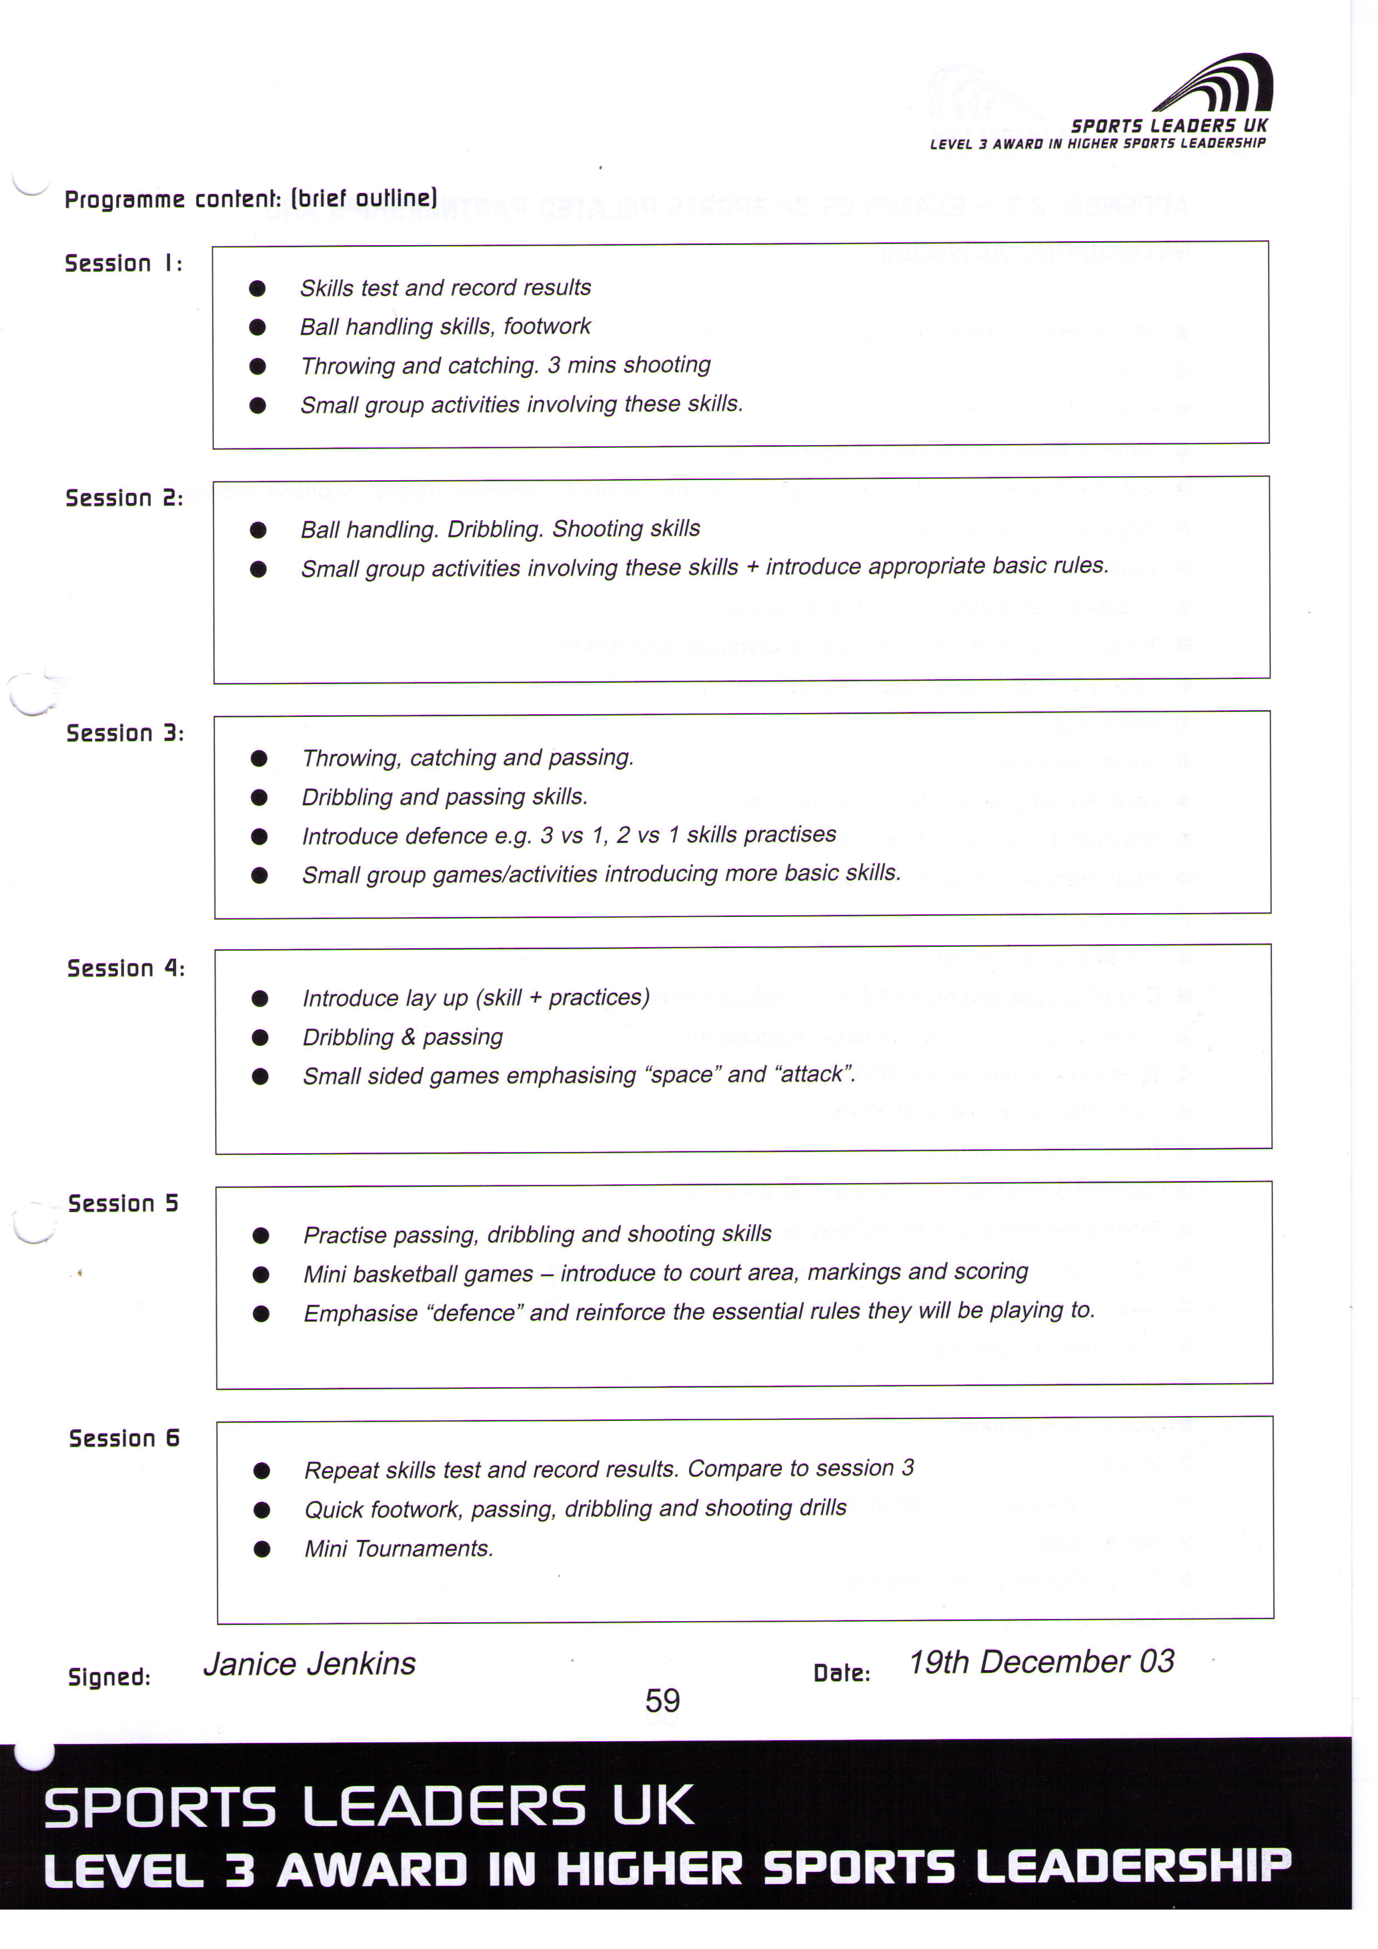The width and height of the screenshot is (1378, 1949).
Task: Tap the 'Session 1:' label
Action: [x=123, y=263]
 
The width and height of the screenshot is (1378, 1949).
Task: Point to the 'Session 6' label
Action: [x=124, y=1438]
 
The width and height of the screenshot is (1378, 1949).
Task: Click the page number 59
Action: [x=662, y=1700]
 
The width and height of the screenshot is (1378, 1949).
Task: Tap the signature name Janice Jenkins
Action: [x=309, y=1664]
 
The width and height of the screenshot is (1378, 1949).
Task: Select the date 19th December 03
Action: [x=1041, y=1661]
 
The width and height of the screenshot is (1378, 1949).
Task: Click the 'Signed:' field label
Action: [x=108, y=1677]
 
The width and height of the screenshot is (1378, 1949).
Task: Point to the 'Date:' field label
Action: [x=841, y=1672]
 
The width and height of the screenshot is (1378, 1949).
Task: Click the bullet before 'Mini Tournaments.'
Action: [x=262, y=1549]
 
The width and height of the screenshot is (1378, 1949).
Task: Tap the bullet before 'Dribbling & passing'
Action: [x=261, y=1038]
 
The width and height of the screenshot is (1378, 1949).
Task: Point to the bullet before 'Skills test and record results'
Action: [x=257, y=288]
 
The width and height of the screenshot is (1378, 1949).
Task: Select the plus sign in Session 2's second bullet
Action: [x=752, y=566]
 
